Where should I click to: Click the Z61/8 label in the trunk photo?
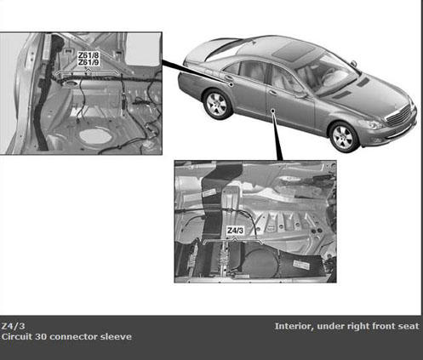pyautogui.click(x=89, y=55)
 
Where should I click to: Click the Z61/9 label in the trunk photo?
pyautogui.click(x=89, y=62)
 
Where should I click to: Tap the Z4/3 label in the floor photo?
pyautogui.click(x=235, y=231)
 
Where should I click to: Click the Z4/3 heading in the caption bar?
pyautogui.click(x=13, y=326)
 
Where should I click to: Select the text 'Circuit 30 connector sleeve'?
pyautogui.click(x=66, y=337)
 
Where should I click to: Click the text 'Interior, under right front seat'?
pyautogui.click(x=346, y=326)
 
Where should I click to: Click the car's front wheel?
pyautogui.click(x=345, y=137)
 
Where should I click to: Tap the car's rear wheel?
pyautogui.click(x=217, y=104)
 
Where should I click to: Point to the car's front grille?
pyautogui.click(x=399, y=115)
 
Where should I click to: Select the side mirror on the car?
pyautogui.click(x=353, y=64)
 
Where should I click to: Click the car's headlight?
pyautogui.click(x=369, y=124)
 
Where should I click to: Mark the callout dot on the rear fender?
pyautogui.click(x=232, y=84)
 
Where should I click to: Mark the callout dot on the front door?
pyautogui.click(x=272, y=111)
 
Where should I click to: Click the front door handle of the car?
pyautogui.click(x=273, y=93)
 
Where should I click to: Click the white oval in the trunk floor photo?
pyautogui.click(x=95, y=136)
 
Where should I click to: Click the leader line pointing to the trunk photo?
pyautogui.click(x=197, y=72)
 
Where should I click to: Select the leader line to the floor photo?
pyautogui.click(x=277, y=135)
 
